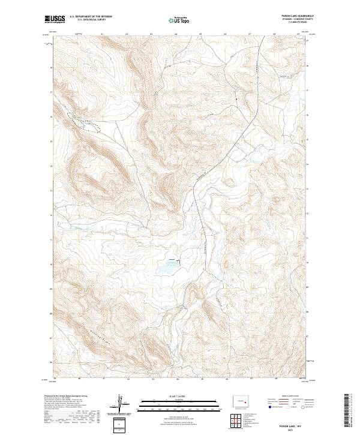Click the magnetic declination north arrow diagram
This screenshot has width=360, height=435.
(x=121, y=405)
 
